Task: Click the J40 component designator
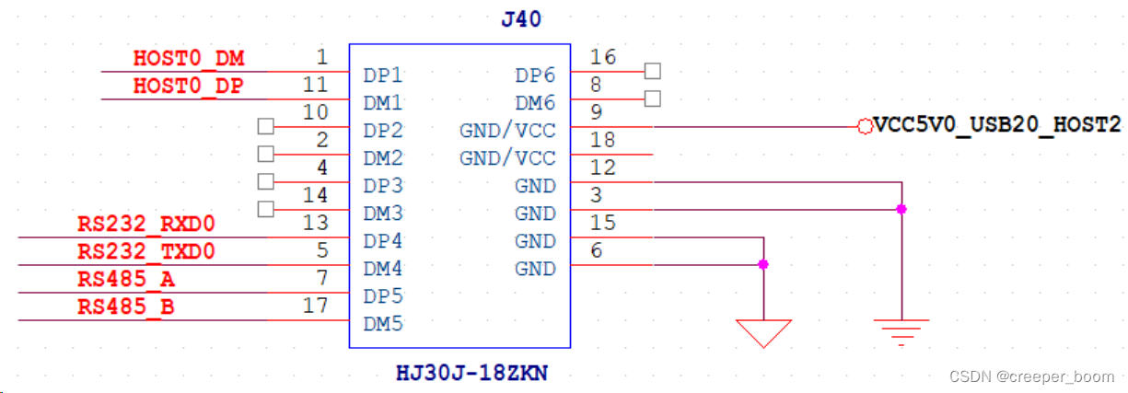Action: coord(521,19)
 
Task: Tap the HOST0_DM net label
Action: coord(189,59)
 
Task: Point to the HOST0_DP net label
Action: coord(189,87)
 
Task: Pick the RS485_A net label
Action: coord(126,280)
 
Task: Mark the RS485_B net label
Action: coord(126,307)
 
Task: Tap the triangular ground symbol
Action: coord(763,332)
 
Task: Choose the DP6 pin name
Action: coord(535,75)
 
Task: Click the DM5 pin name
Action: coord(383,323)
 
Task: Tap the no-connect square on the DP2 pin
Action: coord(266,126)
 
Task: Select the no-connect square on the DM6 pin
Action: coord(653,98)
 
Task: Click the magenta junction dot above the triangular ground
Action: coord(763,264)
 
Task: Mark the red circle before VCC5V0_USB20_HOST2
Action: coord(864,126)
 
